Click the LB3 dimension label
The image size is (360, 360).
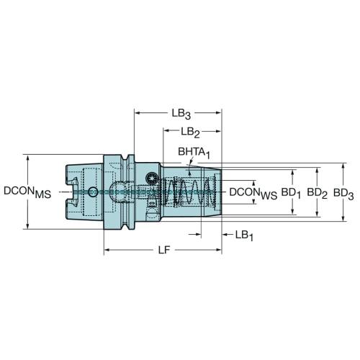(x=181, y=114)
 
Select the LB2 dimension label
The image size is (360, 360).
(x=190, y=132)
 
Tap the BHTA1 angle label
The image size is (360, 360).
(x=194, y=153)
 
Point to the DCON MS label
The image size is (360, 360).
(x=27, y=192)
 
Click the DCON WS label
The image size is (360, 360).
(x=253, y=194)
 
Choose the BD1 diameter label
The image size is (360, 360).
(x=291, y=194)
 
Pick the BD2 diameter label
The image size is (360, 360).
(x=318, y=194)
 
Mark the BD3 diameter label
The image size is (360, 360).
(x=343, y=194)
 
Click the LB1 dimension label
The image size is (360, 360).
(x=244, y=235)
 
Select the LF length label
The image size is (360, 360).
(x=164, y=251)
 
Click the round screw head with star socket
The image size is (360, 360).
(x=151, y=178)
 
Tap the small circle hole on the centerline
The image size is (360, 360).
(x=93, y=192)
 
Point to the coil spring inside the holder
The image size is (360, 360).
(x=189, y=192)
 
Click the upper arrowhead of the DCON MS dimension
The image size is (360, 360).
(x=28, y=158)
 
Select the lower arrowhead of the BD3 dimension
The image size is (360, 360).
(x=343, y=217)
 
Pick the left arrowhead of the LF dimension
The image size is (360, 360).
(x=107, y=250)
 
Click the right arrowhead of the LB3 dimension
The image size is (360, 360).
(x=218, y=112)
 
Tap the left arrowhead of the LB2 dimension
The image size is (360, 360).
(x=167, y=131)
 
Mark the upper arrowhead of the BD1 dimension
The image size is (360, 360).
(x=292, y=174)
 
